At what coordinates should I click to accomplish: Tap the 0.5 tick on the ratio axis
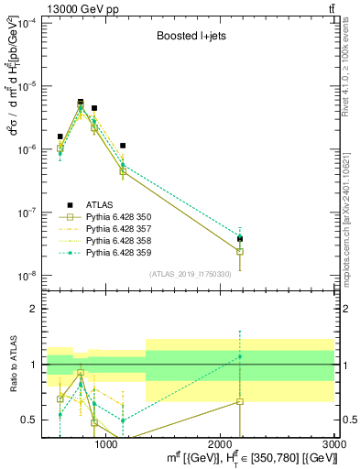point(31,420)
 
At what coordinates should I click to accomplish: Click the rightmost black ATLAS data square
point(240,238)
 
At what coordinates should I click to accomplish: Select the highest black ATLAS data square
point(81,103)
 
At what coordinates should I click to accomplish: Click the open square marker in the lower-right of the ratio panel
point(240,401)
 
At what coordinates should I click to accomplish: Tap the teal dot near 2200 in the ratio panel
point(240,356)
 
